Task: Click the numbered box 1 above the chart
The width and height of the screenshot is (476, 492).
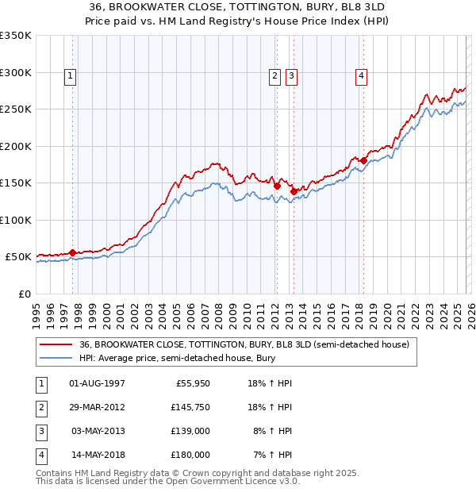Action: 71,76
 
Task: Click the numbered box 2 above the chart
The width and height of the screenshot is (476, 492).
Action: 274,76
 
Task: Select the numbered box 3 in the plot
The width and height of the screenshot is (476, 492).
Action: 292,76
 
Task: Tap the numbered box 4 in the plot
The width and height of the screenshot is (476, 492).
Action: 361,76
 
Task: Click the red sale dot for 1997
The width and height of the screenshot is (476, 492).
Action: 72,252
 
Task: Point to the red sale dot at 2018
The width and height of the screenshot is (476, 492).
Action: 363,161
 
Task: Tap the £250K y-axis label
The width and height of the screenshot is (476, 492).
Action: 16,110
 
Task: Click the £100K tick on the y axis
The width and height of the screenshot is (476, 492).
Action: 16,220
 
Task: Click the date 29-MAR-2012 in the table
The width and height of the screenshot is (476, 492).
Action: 97,407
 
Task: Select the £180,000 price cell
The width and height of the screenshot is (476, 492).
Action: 190,455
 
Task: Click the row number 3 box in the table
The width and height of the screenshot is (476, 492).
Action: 40,431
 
